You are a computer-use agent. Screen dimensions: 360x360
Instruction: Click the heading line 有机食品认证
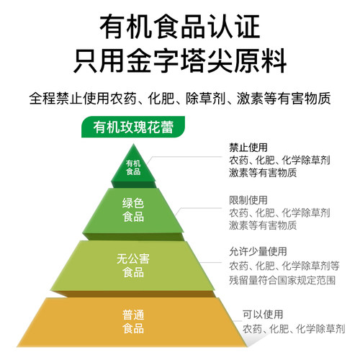(x=180, y=27)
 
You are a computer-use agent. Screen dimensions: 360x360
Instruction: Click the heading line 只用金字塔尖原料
(x=180, y=60)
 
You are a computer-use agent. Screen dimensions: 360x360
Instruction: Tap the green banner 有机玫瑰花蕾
(x=133, y=127)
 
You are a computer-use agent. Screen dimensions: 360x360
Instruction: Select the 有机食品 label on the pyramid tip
(x=133, y=167)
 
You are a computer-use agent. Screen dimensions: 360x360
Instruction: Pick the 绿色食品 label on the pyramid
(x=133, y=210)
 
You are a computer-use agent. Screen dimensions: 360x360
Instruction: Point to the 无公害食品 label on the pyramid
(x=133, y=266)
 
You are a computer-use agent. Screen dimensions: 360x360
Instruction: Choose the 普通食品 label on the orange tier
(x=133, y=322)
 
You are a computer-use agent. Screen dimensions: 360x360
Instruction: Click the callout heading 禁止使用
(x=248, y=148)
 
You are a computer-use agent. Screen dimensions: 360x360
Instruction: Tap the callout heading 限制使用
(x=248, y=200)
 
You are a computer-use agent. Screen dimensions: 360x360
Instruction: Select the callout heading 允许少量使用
(x=258, y=251)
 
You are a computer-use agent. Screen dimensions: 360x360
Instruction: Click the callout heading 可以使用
(x=263, y=315)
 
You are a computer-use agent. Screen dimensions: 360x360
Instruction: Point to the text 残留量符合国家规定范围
(x=282, y=280)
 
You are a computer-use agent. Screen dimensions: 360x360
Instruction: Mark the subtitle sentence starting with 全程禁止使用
(x=180, y=98)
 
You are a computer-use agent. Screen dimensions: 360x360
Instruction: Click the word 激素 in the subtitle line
(x=250, y=98)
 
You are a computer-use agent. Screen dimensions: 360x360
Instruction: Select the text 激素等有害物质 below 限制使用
(x=263, y=225)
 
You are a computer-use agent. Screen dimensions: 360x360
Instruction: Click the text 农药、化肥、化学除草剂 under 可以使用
(x=294, y=329)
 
